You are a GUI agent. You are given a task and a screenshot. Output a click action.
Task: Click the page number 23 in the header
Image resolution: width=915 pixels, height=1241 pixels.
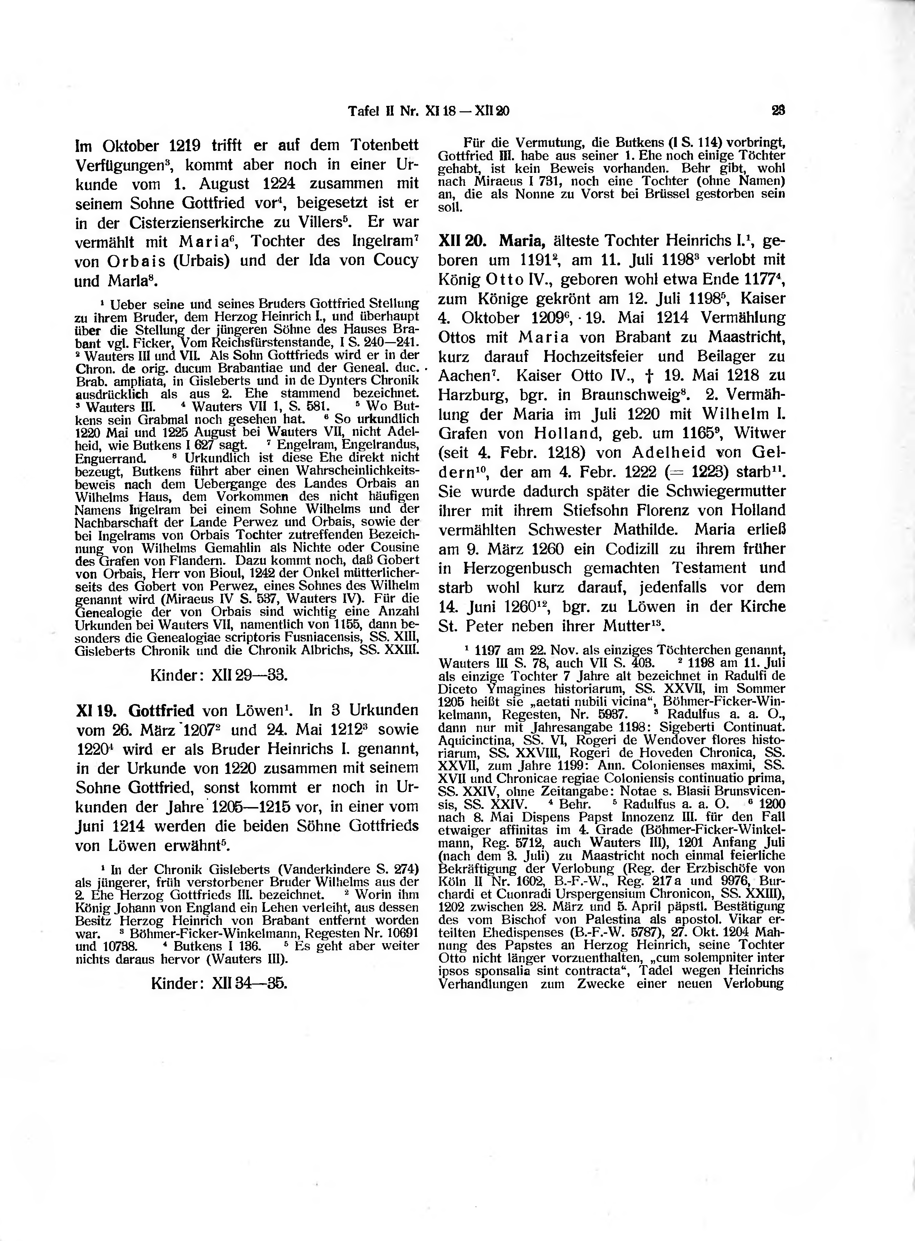(x=779, y=111)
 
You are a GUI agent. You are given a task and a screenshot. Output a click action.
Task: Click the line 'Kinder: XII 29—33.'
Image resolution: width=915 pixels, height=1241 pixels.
(x=219, y=676)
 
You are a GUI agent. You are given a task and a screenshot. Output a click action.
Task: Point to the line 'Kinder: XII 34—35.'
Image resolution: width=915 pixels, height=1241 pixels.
(x=219, y=984)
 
